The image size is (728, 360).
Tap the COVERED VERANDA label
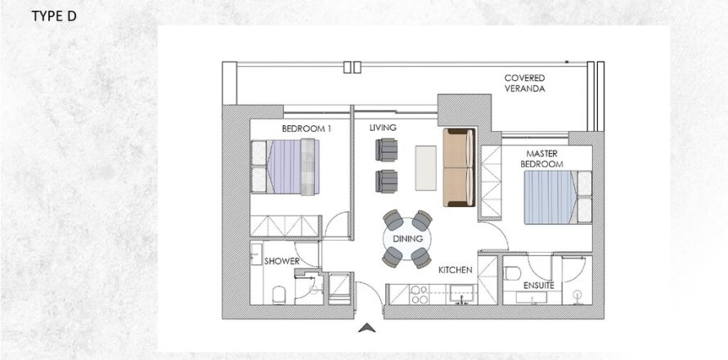[x=525, y=83]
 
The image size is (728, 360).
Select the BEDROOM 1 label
[x=306, y=128]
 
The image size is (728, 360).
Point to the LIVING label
[x=383, y=128]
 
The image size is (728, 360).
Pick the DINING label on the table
[x=407, y=239]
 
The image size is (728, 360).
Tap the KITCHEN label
[x=456, y=269]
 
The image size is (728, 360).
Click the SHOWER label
[x=281, y=262]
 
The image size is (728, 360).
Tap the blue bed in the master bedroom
[x=555, y=196]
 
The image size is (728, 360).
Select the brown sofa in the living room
[x=457, y=169]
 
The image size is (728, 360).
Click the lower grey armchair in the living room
[x=387, y=180]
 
